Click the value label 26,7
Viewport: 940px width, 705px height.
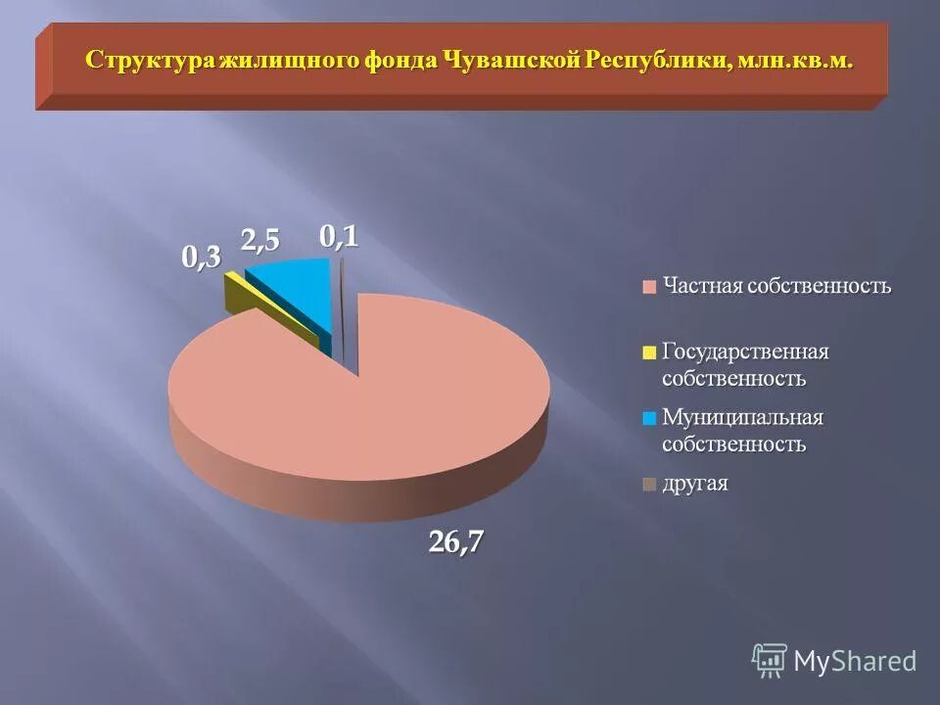click(456, 541)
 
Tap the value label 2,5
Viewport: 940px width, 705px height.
click(260, 241)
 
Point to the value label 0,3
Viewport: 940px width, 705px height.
click(202, 258)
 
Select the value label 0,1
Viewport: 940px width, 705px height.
click(339, 236)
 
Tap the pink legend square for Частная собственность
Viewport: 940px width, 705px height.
click(648, 288)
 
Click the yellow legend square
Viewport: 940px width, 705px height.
click(648, 352)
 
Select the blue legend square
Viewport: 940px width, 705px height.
click(648, 418)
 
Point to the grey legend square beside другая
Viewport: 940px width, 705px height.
click(648, 484)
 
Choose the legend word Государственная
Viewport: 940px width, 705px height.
click(745, 351)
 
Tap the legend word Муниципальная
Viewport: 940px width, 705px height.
click(742, 417)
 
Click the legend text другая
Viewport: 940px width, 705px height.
click(694, 484)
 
